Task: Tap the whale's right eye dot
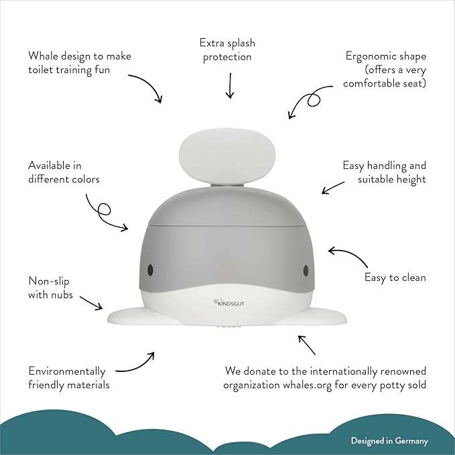(306, 270)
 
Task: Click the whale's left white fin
(131, 316)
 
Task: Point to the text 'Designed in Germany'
(389, 441)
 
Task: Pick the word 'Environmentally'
(67, 371)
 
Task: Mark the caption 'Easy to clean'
(395, 277)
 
